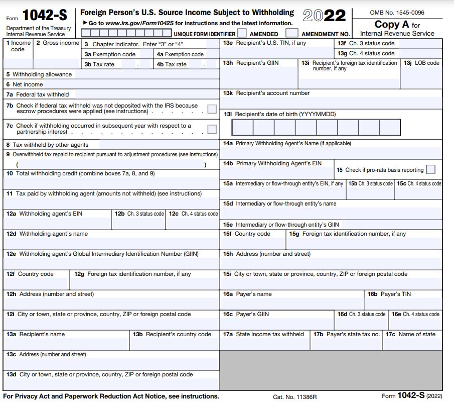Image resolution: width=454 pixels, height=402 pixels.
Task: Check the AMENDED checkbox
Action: pyautogui.click(x=242, y=33)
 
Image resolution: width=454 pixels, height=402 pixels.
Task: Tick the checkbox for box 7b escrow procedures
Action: pyautogui.click(x=212, y=109)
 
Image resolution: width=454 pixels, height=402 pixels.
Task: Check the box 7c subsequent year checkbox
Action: pyautogui.click(x=212, y=129)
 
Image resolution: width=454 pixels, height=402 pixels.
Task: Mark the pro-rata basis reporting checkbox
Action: pyautogui.click(x=430, y=170)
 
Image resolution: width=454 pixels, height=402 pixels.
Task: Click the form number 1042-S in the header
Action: pyautogui.click(x=45, y=16)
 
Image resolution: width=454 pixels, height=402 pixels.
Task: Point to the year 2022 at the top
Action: pyautogui.click(x=325, y=16)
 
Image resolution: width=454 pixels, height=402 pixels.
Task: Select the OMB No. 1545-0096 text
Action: pyautogui.click(x=397, y=13)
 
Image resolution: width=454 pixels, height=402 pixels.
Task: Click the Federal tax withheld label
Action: pyautogui.click(x=42, y=94)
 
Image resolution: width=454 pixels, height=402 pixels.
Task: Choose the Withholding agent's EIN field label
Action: pyautogui.click(x=51, y=214)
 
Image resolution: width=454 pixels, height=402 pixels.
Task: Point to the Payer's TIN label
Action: pyautogui.click(x=396, y=294)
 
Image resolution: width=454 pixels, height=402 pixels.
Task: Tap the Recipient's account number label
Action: pyautogui.click(x=273, y=93)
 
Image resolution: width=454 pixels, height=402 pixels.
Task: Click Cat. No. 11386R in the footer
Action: pyautogui.click(x=295, y=396)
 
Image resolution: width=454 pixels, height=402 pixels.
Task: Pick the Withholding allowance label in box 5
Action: pyautogui.click(x=42, y=74)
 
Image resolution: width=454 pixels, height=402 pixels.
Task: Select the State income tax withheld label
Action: pyautogui.click(x=270, y=334)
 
